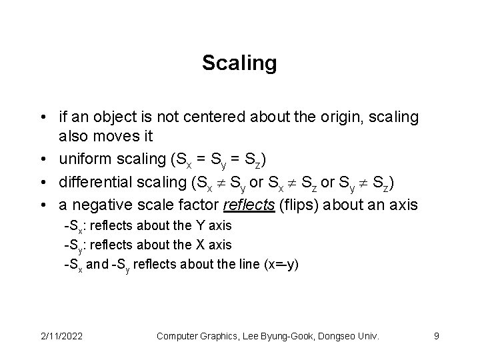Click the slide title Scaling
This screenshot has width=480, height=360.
[x=239, y=63]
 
